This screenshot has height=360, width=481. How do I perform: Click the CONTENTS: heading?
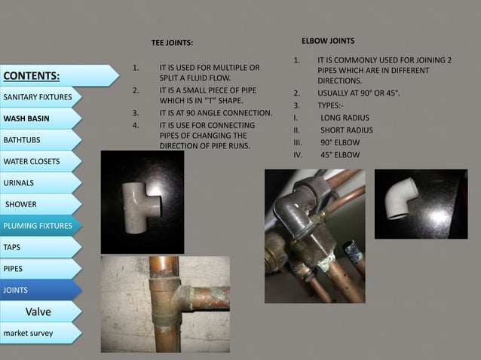pos(32,75)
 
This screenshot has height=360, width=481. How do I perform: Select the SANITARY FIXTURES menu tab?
pos(41,97)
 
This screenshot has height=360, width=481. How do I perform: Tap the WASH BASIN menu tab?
pos(41,118)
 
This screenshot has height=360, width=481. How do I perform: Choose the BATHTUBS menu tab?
pos(41,140)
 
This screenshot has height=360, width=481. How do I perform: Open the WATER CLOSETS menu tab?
pos(41,161)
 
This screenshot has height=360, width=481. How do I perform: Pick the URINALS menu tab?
pos(41,183)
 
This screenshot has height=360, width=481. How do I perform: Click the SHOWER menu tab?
pos(41,204)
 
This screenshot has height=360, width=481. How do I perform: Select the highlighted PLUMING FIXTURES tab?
pos(41,226)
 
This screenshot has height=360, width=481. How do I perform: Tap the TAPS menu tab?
pos(41,247)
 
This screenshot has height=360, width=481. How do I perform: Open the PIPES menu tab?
pos(41,269)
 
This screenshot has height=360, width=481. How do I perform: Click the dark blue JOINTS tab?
pos(41,290)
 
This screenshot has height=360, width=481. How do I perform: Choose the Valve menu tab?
pos(41,312)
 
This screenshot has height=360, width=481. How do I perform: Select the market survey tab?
pos(41,333)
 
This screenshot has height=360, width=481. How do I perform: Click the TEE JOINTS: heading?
pos(172,43)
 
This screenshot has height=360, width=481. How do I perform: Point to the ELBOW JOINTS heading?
pos(328,41)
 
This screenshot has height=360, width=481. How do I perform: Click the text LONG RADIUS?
pos(345,118)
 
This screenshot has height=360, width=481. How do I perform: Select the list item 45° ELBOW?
pos(340,154)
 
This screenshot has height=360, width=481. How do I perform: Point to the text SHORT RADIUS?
pos(347,130)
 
